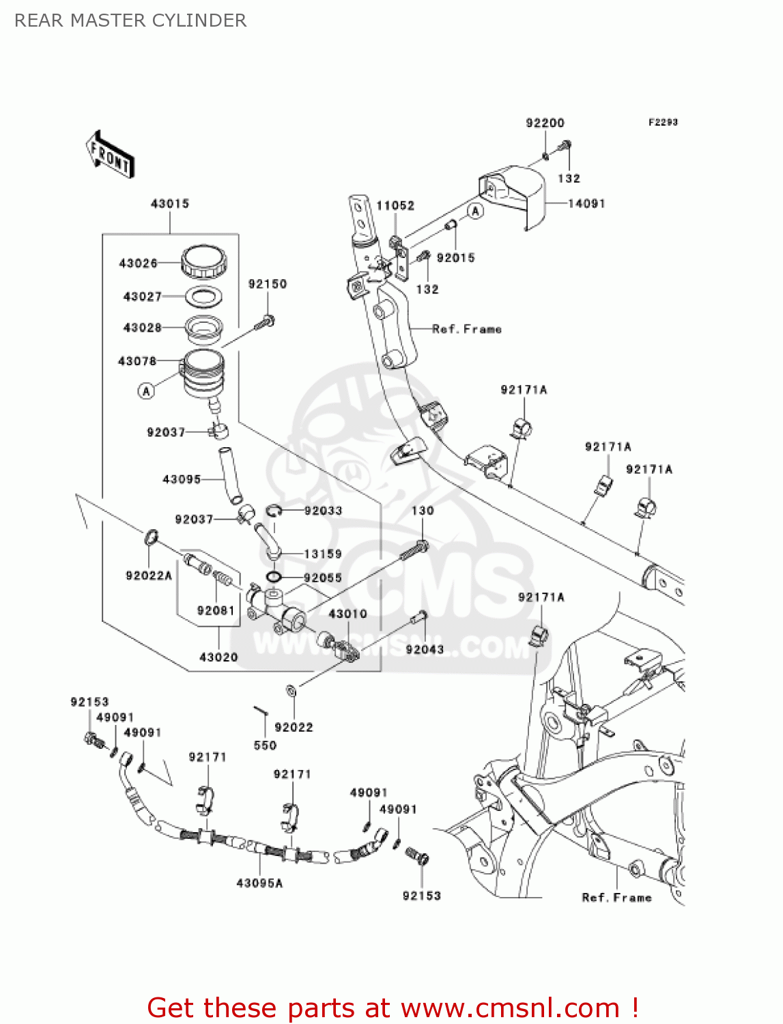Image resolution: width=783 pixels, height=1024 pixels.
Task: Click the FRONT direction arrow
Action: click(110, 155)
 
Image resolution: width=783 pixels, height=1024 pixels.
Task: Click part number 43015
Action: click(170, 203)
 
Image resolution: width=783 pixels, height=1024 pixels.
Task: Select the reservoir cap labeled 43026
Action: click(203, 261)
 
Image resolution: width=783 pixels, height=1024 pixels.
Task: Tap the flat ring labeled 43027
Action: click(204, 296)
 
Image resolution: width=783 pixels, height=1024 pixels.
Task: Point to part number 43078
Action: click(137, 360)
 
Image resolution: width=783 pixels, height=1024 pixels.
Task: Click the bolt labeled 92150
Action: click(265, 322)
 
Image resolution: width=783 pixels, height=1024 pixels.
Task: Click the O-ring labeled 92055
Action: click(274, 578)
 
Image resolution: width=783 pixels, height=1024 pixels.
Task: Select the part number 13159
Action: click(323, 554)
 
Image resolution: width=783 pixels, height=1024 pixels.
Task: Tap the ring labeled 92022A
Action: click(152, 537)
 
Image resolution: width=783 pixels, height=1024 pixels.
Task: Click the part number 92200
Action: click(545, 123)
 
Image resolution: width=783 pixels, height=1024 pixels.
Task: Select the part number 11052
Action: click(395, 205)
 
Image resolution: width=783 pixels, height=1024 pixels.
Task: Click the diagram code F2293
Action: click(663, 122)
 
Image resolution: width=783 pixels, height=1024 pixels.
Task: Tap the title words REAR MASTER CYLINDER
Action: click(130, 20)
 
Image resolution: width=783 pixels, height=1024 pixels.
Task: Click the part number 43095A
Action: click(259, 883)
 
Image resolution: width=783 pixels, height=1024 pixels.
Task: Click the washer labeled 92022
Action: click(291, 692)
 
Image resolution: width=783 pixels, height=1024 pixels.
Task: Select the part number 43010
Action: click(348, 614)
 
